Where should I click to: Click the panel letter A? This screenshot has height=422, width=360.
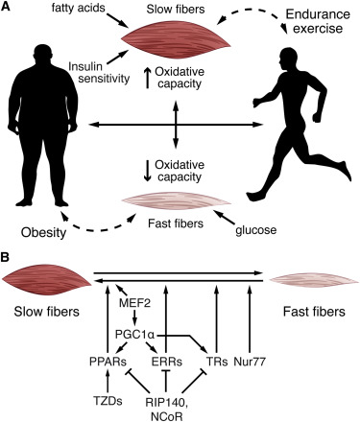(x=6, y=7)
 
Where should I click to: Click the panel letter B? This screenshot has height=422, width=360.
(x=6, y=258)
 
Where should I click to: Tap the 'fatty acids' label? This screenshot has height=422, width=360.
(x=79, y=8)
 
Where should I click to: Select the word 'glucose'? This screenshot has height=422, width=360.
(x=256, y=230)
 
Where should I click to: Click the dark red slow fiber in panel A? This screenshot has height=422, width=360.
(x=176, y=40)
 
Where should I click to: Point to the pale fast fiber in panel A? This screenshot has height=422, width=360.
(x=176, y=203)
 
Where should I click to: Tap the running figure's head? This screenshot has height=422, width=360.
(x=289, y=58)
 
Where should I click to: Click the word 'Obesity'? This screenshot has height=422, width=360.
(x=43, y=233)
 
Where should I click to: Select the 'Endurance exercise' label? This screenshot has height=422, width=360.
(x=318, y=21)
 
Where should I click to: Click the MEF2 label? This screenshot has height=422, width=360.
(x=134, y=302)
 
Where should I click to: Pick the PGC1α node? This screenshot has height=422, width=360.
(x=135, y=336)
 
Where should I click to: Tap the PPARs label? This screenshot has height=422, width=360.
(x=108, y=362)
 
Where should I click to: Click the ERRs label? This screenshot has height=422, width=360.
(x=166, y=362)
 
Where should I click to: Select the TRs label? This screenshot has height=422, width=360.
(x=217, y=362)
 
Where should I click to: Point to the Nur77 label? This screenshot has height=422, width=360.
(x=250, y=362)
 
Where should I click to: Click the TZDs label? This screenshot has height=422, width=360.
(x=108, y=401)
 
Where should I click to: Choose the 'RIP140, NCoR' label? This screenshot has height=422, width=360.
(x=166, y=409)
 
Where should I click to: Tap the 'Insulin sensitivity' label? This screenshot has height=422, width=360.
(x=100, y=72)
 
